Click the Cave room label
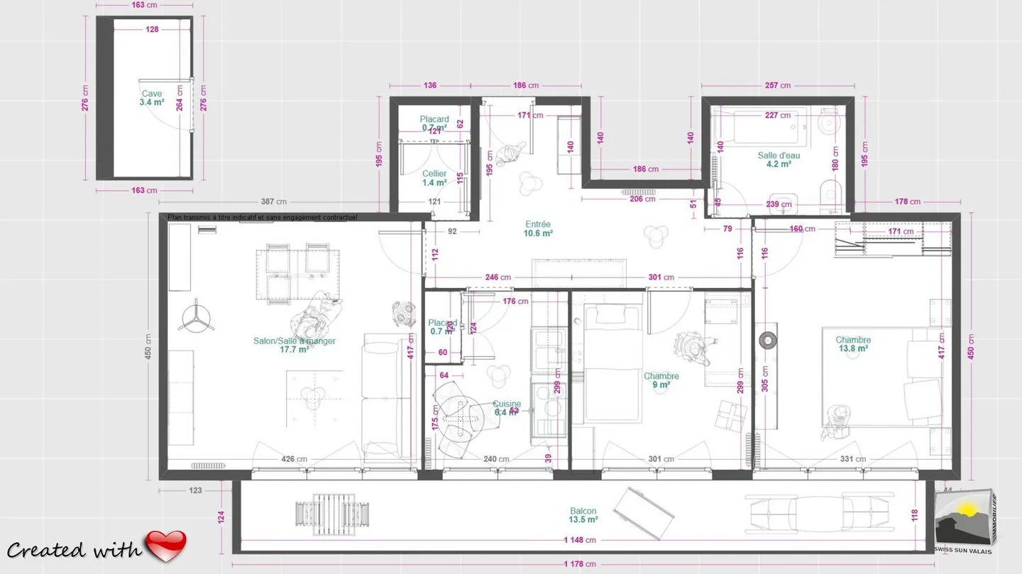click(x=151, y=98)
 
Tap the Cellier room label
click(x=434, y=178)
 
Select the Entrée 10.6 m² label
click(x=538, y=228)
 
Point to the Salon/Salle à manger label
click(x=294, y=345)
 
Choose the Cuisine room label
click(x=507, y=408)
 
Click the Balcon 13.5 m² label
click(x=583, y=515)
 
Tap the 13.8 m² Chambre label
click(x=852, y=344)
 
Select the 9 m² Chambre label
click(x=661, y=380)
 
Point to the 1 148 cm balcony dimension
click(x=581, y=540)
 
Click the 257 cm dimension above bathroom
click(x=777, y=85)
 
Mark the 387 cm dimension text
click(x=282, y=202)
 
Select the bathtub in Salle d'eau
click(x=763, y=126)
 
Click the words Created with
click(x=75, y=550)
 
